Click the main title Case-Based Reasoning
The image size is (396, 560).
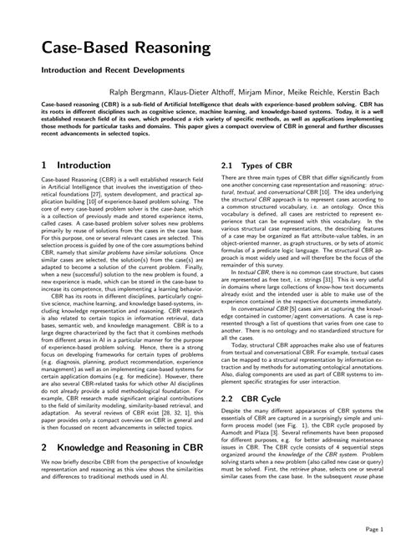coord(125,47)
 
